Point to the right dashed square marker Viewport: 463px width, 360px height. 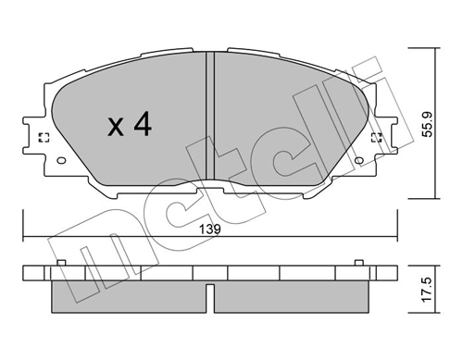(x=377, y=139)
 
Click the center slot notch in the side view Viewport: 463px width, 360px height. (x=210, y=298)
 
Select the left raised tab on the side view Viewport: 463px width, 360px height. (x=60, y=266)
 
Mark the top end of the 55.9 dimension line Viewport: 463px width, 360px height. (x=434, y=46)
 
